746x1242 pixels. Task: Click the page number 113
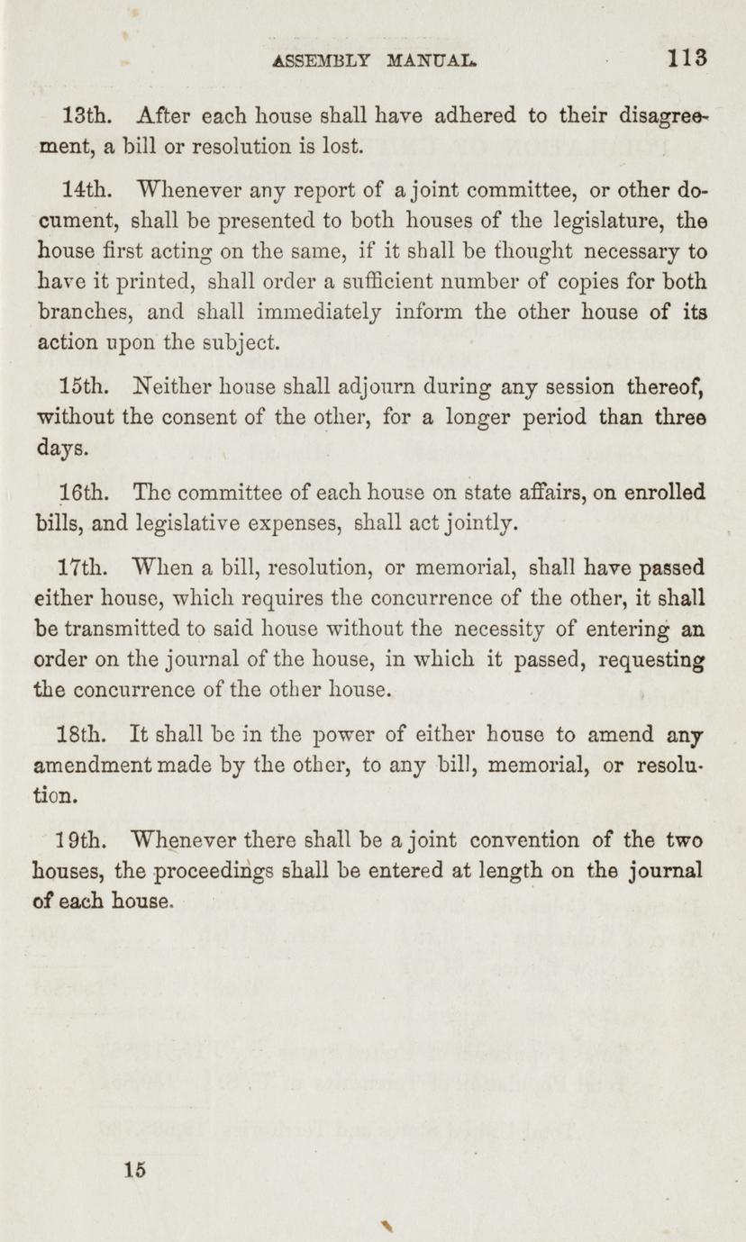tap(687, 59)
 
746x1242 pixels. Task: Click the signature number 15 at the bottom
tap(136, 1170)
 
